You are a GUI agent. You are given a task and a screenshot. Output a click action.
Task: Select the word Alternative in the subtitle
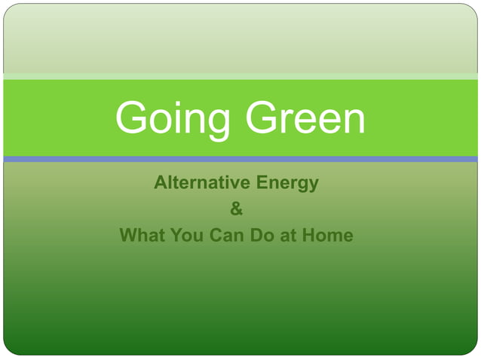coord(202,183)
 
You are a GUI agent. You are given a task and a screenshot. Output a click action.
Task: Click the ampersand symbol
coord(237,209)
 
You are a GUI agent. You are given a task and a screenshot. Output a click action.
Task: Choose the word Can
coord(225,235)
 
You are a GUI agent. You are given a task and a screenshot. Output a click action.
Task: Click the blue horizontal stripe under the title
coord(240,159)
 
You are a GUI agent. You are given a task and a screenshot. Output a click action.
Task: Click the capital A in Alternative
coord(160,183)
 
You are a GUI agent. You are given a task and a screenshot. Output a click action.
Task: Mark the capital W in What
coord(128,235)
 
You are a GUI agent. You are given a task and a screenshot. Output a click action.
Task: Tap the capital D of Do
coord(256,235)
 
